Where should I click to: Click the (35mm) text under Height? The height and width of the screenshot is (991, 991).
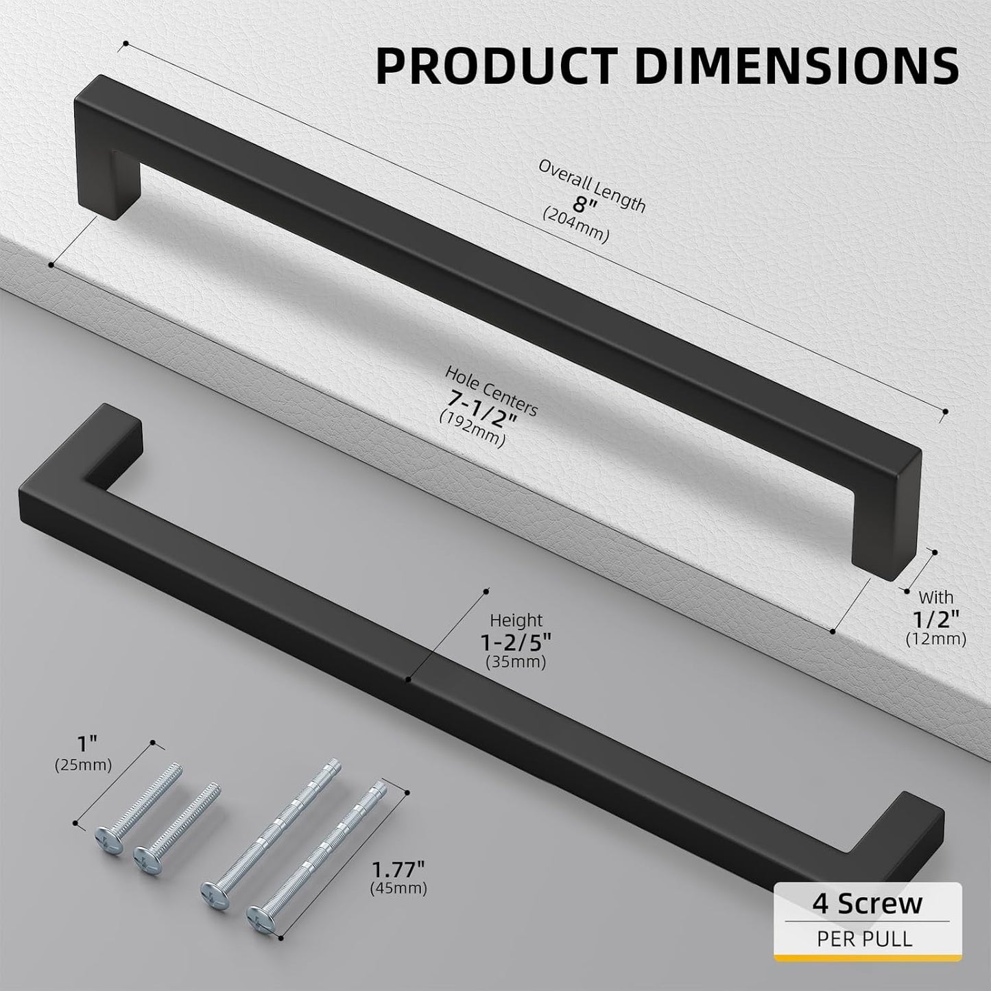[516, 662]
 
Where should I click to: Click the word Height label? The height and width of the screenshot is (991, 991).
[516, 620]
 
